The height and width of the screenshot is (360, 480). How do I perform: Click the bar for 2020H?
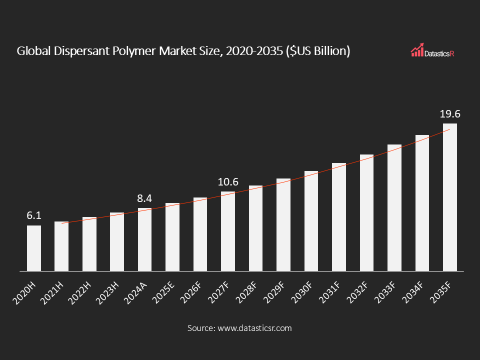point(34,248)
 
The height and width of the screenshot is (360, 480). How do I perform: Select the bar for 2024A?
point(144,239)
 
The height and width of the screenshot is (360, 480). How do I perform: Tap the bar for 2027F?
point(228,231)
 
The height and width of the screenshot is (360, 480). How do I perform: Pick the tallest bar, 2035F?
point(449,197)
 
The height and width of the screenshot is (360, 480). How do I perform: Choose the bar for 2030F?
point(311,221)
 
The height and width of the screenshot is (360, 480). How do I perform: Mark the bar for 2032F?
point(366,212)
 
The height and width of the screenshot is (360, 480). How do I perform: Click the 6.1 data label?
point(33,216)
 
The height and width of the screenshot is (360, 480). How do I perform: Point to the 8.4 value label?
point(144,198)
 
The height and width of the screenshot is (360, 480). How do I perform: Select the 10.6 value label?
point(228,182)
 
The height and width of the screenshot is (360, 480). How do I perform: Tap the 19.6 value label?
point(449,114)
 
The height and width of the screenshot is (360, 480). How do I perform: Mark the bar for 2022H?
point(89,244)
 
